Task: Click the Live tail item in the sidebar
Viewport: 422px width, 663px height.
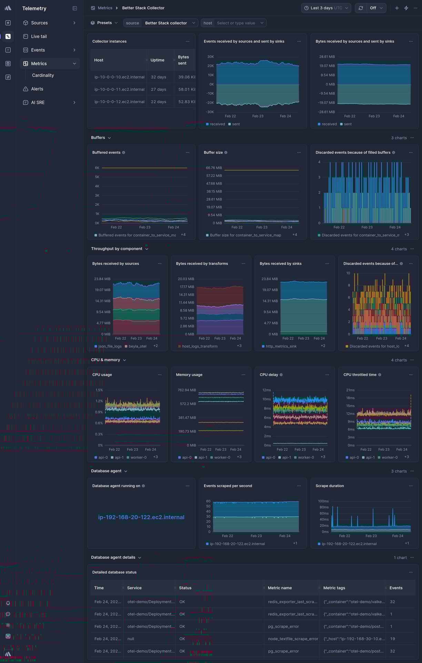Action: pos(39,36)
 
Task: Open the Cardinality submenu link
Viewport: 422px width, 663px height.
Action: pos(43,75)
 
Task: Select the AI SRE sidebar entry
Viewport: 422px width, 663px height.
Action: pos(38,102)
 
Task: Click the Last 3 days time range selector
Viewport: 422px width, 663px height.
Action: pos(326,8)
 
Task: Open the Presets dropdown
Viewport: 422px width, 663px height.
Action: pos(104,23)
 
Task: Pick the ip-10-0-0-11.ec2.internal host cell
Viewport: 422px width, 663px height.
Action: pos(119,89)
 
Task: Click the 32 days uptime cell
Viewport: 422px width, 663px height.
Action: pos(158,77)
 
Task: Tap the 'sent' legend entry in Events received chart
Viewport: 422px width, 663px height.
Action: pos(235,124)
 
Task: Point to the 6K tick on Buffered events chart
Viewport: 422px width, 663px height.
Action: pos(97,168)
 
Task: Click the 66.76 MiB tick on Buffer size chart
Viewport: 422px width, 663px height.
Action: pos(214,168)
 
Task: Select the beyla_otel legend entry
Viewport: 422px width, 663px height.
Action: pos(137,346)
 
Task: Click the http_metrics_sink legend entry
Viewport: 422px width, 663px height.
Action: pos(281,346)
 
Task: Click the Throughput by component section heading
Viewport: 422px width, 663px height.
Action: pos(117,249)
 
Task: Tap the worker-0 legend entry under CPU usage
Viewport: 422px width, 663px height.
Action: pos(138,457)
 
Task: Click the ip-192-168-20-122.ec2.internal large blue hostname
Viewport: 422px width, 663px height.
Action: pos(141,517)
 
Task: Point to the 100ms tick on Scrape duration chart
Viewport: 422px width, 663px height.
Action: pos(323,501)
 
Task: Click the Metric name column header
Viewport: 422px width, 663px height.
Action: pos(280,588)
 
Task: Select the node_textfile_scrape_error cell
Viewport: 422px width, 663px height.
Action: pos(293,639)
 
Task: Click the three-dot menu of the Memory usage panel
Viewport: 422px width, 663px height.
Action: pos(243,375)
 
